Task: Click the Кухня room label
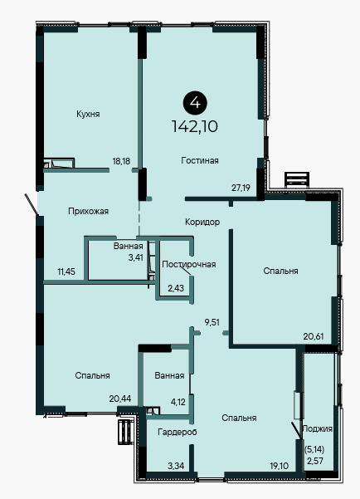88,115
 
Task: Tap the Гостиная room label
200,160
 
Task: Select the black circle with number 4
195,103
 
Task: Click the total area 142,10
195,126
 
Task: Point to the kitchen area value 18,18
121,161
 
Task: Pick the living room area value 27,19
241,188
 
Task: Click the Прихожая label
89,211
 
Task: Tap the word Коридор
202,222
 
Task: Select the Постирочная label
189,265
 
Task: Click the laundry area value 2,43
176,288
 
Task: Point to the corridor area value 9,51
212,322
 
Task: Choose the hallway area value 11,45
66,272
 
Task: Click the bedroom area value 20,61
314,336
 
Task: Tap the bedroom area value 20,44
120,399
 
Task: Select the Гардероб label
178,433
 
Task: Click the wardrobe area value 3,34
176,467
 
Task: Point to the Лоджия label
317,428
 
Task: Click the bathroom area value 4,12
178,402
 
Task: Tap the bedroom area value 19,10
280,467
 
